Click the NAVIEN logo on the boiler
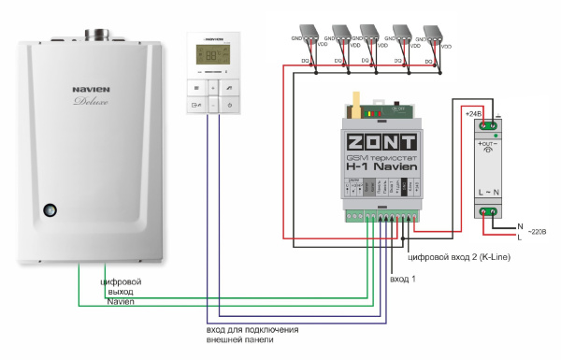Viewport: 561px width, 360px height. pos(92,92)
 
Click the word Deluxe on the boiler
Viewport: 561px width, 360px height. pos(93,105)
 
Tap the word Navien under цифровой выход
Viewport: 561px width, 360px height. pos(121,302)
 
